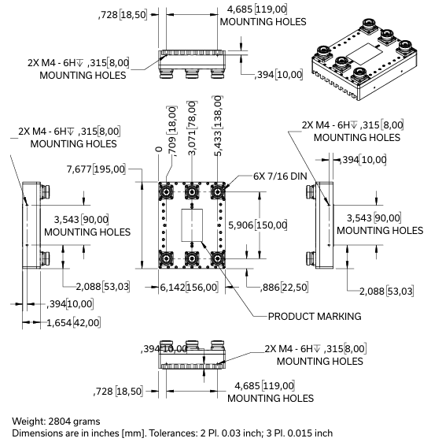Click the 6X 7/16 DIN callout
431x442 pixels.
281,176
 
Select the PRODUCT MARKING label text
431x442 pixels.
315,316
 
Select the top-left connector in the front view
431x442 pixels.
168,191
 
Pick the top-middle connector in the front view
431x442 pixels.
192,191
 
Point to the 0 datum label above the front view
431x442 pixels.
159,149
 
